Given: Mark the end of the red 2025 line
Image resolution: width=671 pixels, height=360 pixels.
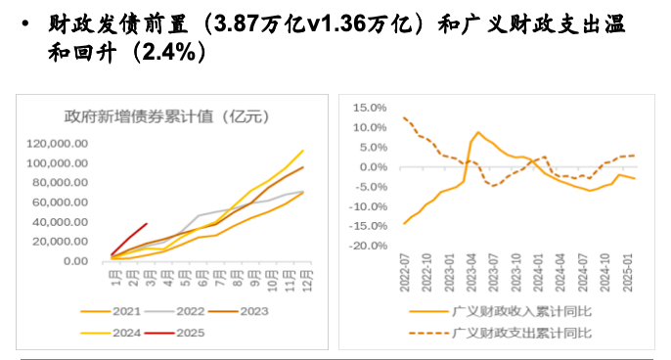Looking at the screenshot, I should [147, 224].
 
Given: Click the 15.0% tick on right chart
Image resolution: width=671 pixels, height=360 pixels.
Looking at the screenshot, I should [371, 107].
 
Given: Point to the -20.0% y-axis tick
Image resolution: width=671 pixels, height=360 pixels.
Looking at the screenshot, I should [369, 246].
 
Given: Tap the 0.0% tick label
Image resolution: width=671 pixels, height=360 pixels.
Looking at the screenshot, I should [373, 166].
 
